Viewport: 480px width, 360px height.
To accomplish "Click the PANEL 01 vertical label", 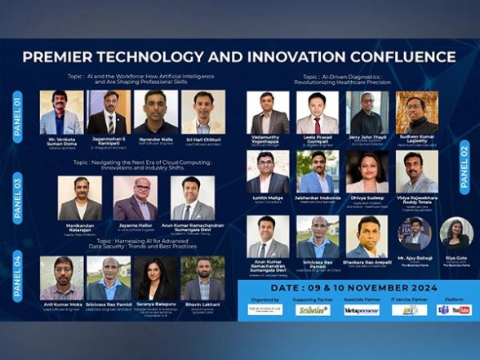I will [x=17, y=112].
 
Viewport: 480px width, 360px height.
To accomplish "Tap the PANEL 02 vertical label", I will [x=464, y=167].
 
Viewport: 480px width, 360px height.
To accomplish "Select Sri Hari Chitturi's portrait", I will [x=202, y=111].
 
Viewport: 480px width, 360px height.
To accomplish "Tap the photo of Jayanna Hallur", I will [x=135, y=198].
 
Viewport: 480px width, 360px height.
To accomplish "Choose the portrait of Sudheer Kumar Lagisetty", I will [x=416, y=112].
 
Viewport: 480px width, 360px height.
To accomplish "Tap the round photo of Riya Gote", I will [x=456, y=233].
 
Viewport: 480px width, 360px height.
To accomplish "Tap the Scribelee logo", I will [x=313, y=310].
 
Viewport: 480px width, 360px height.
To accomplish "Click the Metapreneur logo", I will [x=361, y=310].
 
